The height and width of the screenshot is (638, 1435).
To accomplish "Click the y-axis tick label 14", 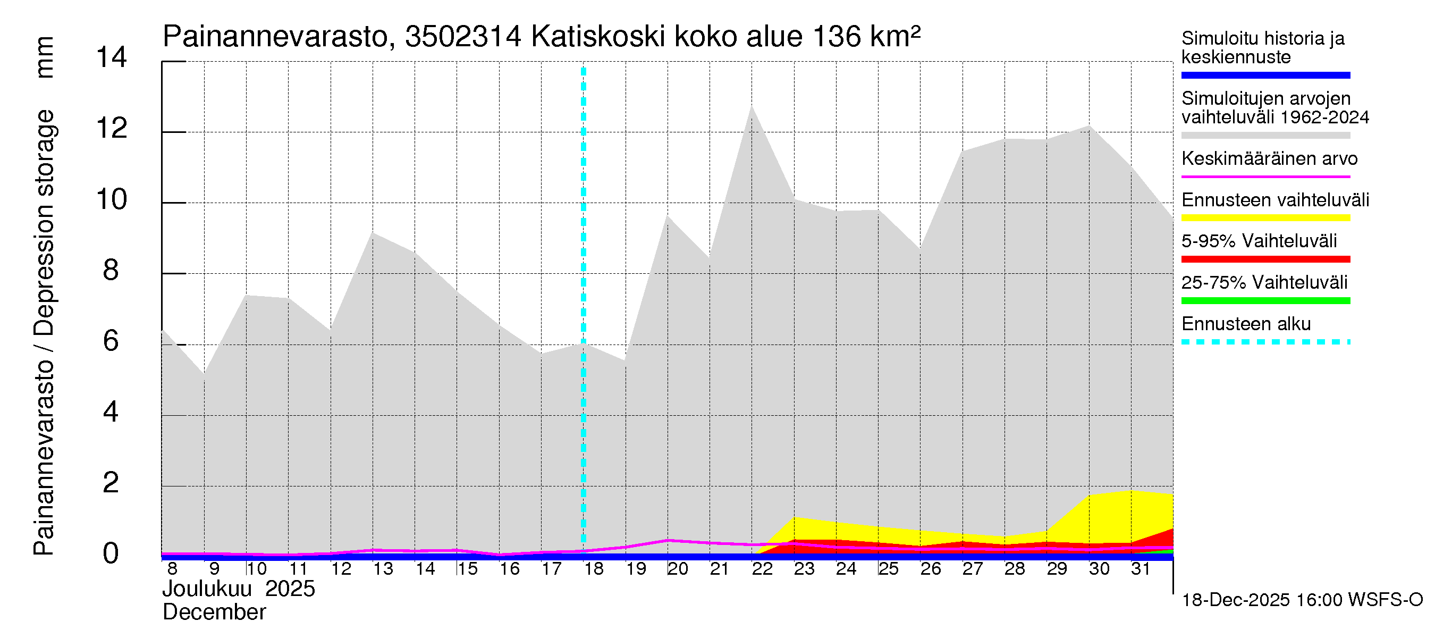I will coord(112,58).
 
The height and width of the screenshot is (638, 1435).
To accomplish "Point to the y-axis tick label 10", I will coord(112,199).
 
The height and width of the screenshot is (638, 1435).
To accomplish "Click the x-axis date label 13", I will coord(383,569).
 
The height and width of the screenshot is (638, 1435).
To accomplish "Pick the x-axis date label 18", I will coord(593,569).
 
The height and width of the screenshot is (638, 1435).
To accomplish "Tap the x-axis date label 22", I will coord(762,569).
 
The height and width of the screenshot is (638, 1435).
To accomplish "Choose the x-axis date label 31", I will coord(1141,569).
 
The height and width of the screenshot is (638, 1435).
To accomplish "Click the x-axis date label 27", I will coord(972,569).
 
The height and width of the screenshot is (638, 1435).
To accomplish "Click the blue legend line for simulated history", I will coord(1265,75).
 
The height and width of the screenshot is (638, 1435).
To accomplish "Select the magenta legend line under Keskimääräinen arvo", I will coord(1265,177).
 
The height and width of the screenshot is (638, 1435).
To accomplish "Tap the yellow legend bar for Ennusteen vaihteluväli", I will coord(1265,218).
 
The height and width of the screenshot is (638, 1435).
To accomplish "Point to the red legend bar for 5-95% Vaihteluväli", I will coord(1265,259).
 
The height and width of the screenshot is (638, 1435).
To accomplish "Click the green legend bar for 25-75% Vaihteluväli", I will coord(1265,301).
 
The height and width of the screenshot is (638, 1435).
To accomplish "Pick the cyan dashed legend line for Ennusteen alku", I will coord(1265,342).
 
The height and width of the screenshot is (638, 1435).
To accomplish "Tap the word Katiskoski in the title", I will coord(598,37).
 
